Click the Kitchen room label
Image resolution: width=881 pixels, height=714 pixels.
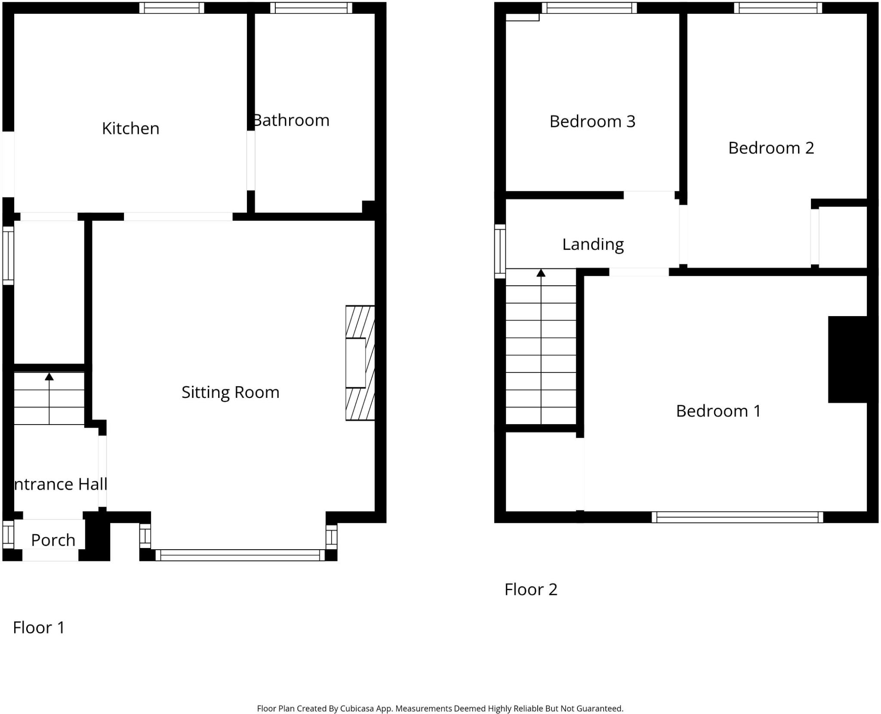130,128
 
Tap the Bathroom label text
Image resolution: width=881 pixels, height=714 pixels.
291,120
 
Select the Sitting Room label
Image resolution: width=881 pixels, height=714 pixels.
230,392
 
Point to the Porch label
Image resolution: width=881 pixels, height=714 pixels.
53,540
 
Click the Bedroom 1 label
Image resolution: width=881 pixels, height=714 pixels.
718,411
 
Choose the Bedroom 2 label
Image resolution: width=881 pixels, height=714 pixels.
771,148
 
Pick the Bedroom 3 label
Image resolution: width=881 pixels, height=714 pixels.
592,121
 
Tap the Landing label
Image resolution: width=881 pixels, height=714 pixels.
593,244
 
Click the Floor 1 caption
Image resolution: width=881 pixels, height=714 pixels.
39,628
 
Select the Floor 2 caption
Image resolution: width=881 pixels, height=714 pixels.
531,589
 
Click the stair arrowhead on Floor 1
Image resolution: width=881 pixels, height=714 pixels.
49,377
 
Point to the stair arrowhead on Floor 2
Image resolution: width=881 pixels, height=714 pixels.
541,273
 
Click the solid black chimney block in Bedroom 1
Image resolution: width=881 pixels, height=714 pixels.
847,360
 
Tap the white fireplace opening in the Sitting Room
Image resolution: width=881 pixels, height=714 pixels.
356,363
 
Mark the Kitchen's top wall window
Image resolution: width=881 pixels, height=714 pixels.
172,8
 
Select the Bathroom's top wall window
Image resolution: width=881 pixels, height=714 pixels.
311,8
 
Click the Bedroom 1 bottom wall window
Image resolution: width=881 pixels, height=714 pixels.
737,517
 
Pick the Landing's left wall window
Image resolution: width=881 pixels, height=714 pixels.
500,251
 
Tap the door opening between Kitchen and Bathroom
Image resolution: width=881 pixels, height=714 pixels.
251,160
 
